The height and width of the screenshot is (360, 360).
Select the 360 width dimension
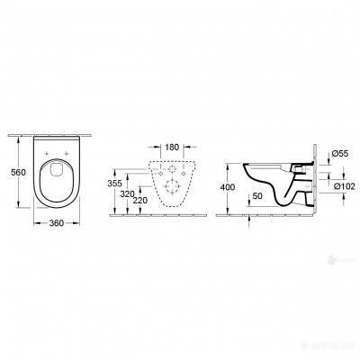[57, 222]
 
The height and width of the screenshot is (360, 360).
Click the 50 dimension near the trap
[258, 195]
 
